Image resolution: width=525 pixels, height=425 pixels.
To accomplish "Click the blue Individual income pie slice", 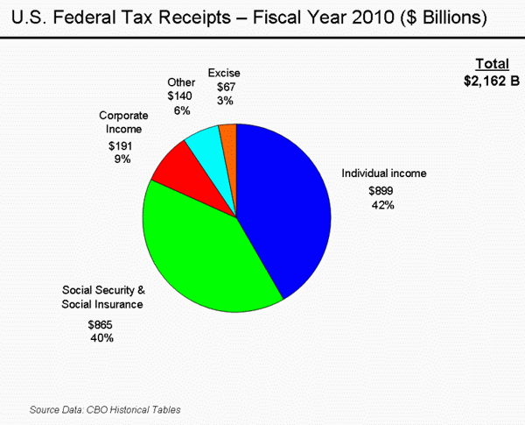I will tap(284, 210).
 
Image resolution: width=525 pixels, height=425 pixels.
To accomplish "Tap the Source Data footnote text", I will tap(105, 409).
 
